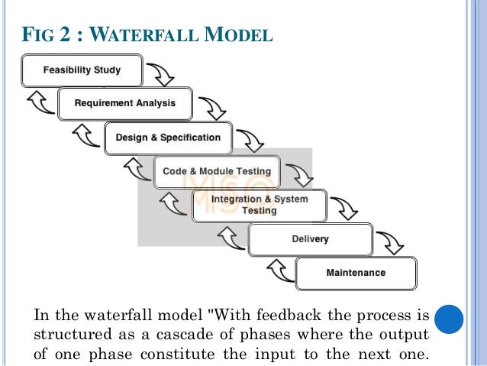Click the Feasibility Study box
[82, 70]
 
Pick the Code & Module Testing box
[217, 172]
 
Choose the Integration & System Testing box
[260, 205]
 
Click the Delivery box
[311, 239]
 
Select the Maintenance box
[356, 273]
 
